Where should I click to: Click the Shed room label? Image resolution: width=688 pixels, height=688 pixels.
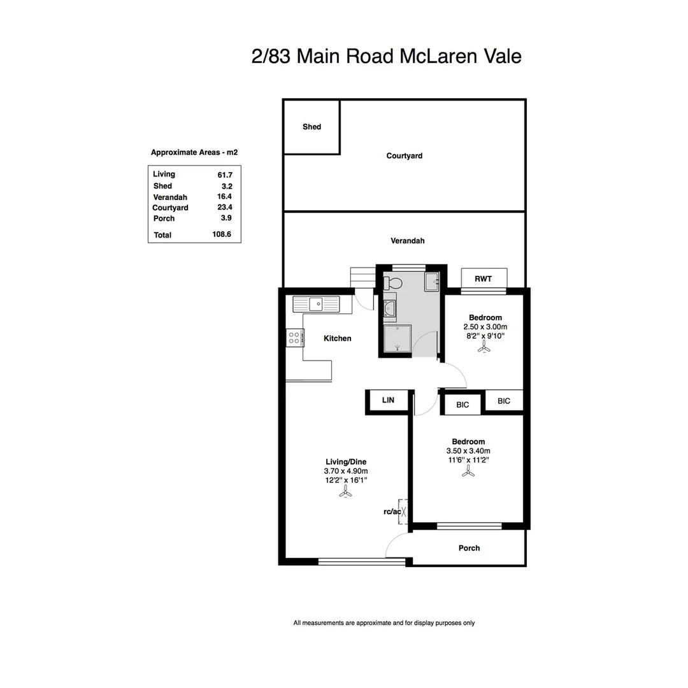pyautogui.click(x=312, y=127)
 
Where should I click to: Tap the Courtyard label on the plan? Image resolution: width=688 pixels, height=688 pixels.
pyautogui.click(x=404, y=156)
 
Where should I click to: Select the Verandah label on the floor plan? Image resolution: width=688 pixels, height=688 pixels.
pyautogui.click(x=407, y=241)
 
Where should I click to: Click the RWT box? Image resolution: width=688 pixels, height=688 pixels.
pyautogui.click(x=484, y=278)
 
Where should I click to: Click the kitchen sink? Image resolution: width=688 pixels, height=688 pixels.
pyautogui.click(x=315, y=304)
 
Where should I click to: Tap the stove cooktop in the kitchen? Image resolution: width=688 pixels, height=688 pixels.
pyautogui.click(x=294, y=338)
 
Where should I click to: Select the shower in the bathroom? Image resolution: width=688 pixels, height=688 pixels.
pyautogui.click(x=398, y=338)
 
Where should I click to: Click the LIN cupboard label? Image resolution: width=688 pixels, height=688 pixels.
pyautogui.click(x=388, y=401)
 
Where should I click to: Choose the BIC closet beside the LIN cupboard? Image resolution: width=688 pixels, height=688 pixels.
pyautogui.click(x=462, y=405)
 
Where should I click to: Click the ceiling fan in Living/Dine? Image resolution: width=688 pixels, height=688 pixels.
pyautogui.click(x=345, y=493)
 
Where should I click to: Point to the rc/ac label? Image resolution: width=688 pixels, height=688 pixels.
pyautogui.click(x=391, y=512)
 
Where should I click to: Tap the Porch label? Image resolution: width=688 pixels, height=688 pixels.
pyautogui.click(x=469, y=548)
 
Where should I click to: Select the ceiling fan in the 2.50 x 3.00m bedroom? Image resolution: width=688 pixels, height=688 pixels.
pyautogui.click(x=485, y=347)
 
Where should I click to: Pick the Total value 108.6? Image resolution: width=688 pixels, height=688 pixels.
pyautogui.click(x=221, y=234)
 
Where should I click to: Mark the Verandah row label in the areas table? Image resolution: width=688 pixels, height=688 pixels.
pyautogui.click(x=170, y=197)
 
